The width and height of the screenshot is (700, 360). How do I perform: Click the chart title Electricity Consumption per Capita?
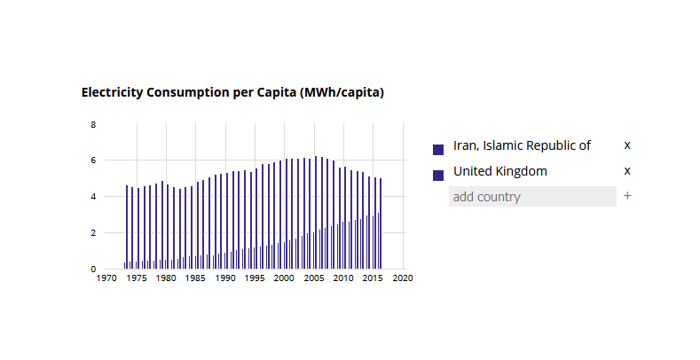click(x=232, y=92)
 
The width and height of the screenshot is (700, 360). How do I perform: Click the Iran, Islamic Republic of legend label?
click(x=522, y=145)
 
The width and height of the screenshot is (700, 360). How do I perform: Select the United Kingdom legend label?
click(x=499, y=171)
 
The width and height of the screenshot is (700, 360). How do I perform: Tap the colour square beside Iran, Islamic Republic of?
click(x=438, y=150)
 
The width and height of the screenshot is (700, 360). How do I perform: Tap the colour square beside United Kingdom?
click(x=438, y=176)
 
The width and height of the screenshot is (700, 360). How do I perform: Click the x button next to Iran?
click(x=627, y=145)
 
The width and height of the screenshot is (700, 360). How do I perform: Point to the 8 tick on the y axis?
click(x=93, y=125)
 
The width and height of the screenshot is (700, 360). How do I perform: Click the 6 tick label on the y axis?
click(x=93, y=160)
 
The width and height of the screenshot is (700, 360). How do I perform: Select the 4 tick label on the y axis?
click(x=93, y=197)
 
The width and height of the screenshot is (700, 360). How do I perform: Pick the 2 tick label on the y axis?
click(x=93, y=233)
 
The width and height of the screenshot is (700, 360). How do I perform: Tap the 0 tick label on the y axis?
click(x=93, y=269)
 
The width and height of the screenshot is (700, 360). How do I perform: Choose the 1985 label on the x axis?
click(x=195, y=278)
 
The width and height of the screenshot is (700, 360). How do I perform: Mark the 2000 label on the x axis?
click(x=284, y=278)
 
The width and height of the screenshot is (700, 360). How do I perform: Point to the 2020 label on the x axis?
click(x=403, y=278)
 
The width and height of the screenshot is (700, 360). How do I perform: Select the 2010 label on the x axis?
click(x=343, y=278)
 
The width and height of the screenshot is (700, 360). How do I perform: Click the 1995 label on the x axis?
click(x=255, y=278)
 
